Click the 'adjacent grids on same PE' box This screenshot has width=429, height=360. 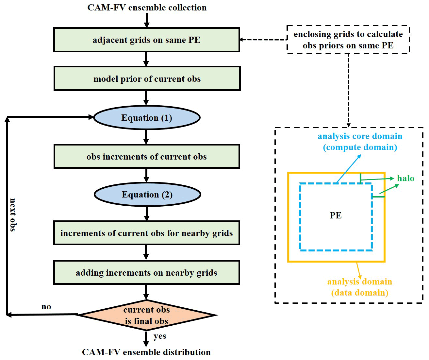147,40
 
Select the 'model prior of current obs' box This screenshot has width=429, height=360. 147,79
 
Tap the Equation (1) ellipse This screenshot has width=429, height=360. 147,118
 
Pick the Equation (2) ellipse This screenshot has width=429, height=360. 147,195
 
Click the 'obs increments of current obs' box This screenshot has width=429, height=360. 147,157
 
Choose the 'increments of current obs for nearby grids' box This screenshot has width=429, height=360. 147,233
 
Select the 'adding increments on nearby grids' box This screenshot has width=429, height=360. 147,273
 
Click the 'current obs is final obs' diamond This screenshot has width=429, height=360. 147,315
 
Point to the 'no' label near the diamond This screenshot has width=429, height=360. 46,307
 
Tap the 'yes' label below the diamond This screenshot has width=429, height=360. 160,336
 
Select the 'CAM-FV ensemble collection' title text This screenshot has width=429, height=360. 147,8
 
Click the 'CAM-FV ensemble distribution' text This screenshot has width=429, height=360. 146,352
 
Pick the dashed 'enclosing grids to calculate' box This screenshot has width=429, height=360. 348,40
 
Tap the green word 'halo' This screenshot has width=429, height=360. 405,179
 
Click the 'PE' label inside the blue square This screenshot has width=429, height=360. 336,215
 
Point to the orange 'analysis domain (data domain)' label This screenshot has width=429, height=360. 360,287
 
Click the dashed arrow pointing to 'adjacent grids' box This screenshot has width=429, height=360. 263,40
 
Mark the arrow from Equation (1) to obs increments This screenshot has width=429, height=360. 146,137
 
